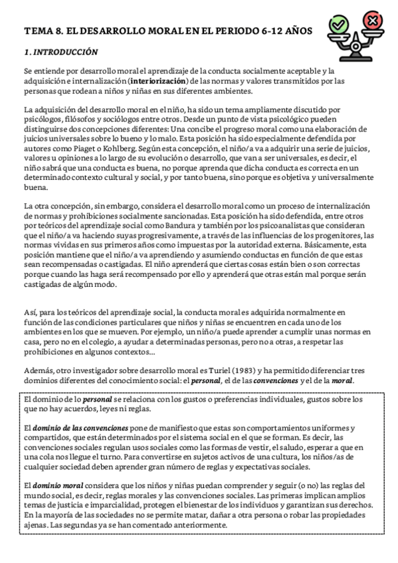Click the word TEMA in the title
point(38,31)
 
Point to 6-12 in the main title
point(259,31)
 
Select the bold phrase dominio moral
point(60,486)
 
